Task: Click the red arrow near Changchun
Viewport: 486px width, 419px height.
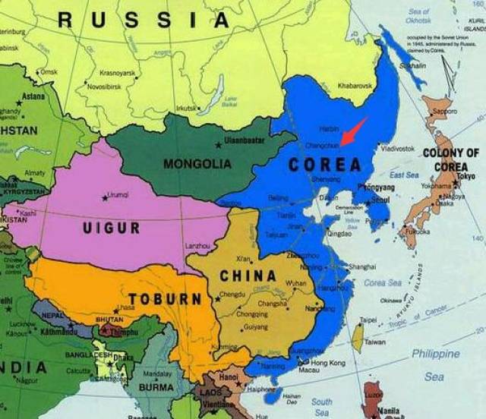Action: tap(353, 131)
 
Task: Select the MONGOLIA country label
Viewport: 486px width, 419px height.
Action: tap(197, 162)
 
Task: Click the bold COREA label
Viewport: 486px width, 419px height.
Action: tap(325, 164)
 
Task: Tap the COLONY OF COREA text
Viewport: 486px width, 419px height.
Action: tap(451, 159)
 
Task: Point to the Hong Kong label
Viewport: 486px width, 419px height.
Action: tap(327, 363)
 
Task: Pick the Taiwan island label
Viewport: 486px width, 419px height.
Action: tap(375, 342)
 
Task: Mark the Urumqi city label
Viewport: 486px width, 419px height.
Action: tap(120, 194)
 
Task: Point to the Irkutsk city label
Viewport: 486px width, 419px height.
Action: tap(187, 109)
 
